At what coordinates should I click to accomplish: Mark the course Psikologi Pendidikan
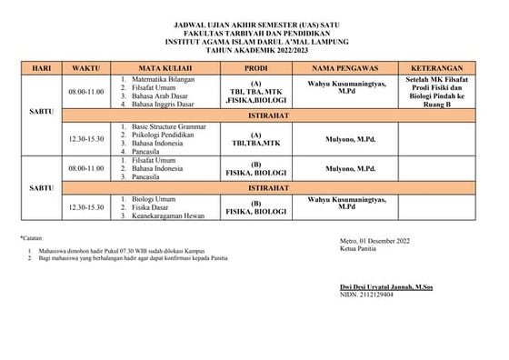162,135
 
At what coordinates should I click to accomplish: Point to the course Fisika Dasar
152,205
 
